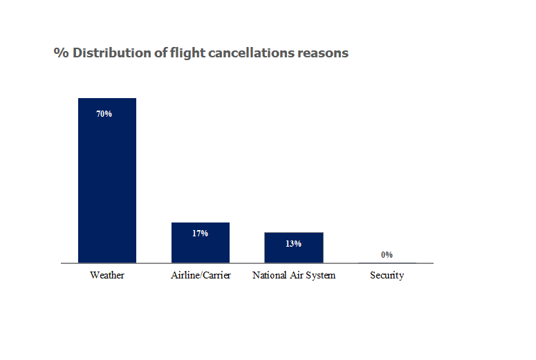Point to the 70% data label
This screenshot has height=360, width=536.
pos(104,114)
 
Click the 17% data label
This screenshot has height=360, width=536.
pos(201,234)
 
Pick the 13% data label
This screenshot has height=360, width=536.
pos(294,243)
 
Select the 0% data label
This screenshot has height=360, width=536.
pos(387,255)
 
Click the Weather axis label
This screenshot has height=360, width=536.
pos(107,276)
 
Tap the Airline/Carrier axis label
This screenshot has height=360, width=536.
pos(201,276)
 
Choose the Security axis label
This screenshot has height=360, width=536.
pos(387,276)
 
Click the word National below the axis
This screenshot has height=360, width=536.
pos(270,276)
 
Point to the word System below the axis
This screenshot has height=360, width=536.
pos(320,276)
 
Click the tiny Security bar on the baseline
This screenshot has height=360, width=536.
pos(387,263)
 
